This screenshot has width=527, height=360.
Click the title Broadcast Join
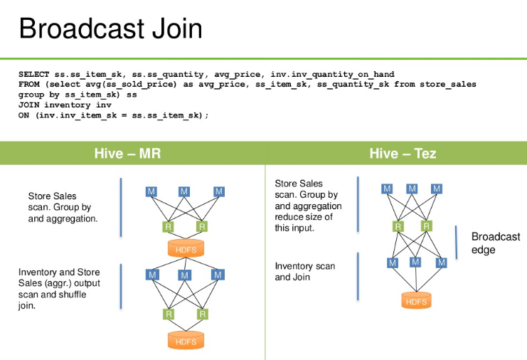[110, 28]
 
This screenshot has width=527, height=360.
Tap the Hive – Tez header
[403, 154]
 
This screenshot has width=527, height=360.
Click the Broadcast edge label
[496, 243]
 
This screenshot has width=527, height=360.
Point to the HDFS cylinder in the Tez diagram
[416, 300]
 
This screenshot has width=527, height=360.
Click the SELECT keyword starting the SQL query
[34, 75]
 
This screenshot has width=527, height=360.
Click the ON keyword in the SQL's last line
[23, 115]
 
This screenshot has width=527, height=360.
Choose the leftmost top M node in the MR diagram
[151, 191]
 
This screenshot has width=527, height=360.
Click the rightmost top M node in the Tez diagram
[437, 189]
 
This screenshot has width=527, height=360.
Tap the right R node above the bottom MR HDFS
[202, 314]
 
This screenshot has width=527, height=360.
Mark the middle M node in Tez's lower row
[416, 262]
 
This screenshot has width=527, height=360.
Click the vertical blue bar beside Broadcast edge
[456, 242]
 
